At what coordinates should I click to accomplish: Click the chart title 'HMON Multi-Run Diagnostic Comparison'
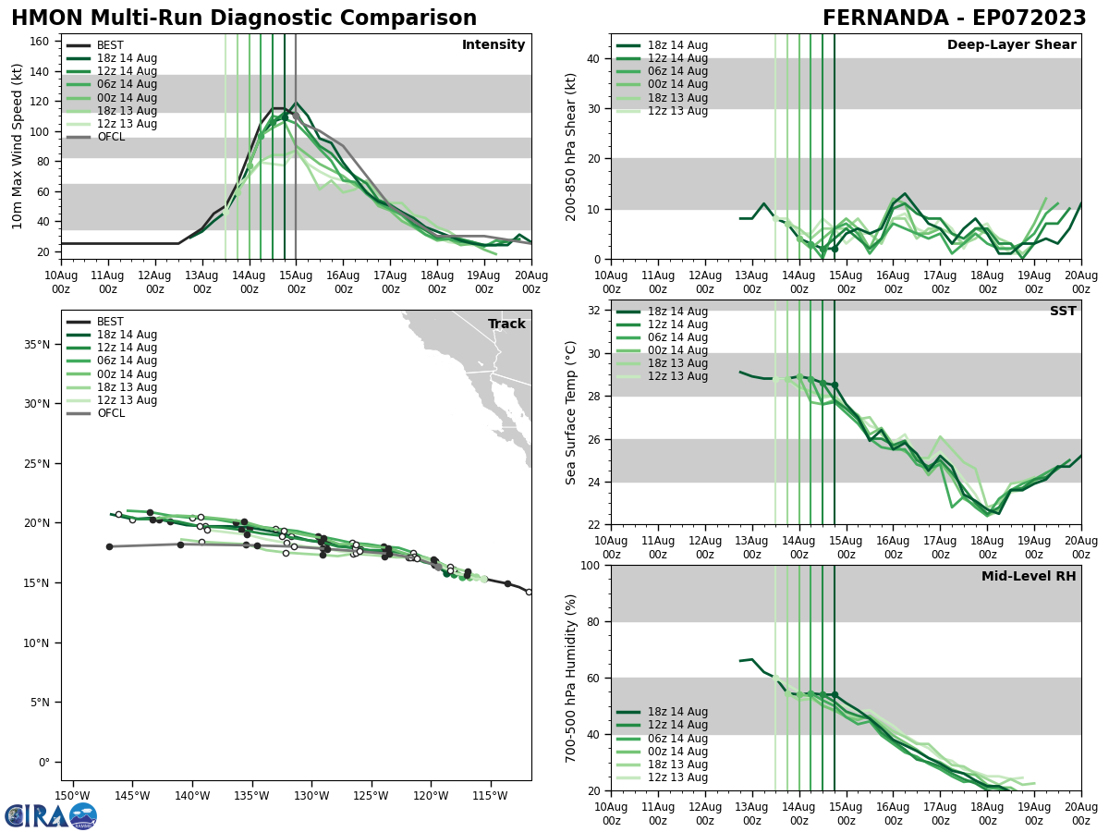pos(244,18)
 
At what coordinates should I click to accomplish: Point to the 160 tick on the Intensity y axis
pos(41,42)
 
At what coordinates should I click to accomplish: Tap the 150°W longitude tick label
pos(72,795)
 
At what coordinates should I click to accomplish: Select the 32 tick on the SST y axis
pos(595,311)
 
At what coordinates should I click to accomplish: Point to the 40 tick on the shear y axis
pos(595,58)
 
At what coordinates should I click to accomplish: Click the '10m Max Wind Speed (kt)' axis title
pos(18,146)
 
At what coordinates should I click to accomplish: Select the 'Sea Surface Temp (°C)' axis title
pos(571,412)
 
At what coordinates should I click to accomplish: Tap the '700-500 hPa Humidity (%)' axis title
pos(571,678)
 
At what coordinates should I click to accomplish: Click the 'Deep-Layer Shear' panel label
pos(1011,45)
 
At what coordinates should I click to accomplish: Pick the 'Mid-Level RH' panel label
pos(1028,577)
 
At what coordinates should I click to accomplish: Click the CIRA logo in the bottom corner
pos(51,815)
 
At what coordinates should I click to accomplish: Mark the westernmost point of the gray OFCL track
pos(109,546)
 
